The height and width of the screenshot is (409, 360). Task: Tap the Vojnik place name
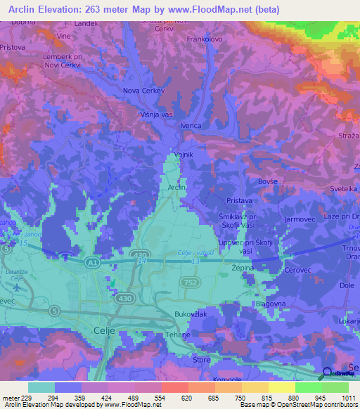click(183, 155)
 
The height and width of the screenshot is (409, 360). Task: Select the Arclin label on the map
click(176, 188)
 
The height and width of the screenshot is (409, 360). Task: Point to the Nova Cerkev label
click(143, 91)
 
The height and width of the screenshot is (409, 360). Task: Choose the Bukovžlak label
click(191, 313)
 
